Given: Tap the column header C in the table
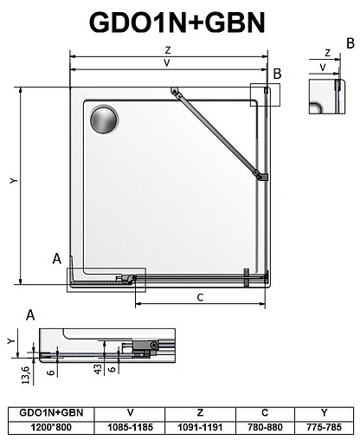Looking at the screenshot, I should click(264, 412).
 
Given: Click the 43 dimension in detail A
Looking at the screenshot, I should click(97, 367).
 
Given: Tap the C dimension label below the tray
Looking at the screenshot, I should click(200, 298).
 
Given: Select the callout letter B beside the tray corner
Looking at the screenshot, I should click(277, 74).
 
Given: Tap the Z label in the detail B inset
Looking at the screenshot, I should click(327, 53).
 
